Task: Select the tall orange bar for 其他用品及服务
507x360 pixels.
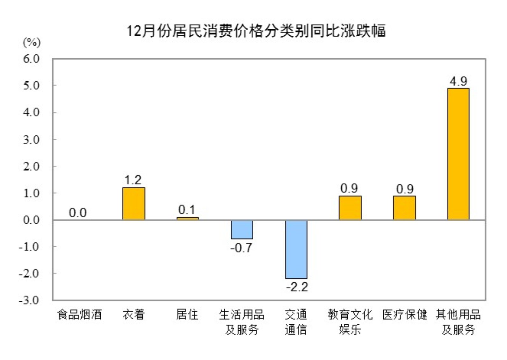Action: (x=458, y=154)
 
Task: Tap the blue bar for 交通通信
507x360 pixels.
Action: (x=296, y=249)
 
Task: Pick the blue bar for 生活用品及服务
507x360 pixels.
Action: (x=242, y=229)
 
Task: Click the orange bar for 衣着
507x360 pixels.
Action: (x=134, y=204)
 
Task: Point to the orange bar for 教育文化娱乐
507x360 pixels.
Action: (x=350, y=208)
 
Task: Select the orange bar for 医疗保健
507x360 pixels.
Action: (x=404, y=208)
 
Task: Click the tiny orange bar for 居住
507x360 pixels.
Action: (x=188, y=219)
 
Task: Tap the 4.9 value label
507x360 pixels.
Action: (x=458, y=82)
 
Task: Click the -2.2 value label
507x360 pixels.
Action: (x=297, y=287)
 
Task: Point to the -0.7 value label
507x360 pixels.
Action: (x=241, y=248)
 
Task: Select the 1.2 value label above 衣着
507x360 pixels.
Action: (x=133, y=180)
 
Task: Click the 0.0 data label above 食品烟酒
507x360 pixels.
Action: (x=78, y=213)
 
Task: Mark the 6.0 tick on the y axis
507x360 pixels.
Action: (x=31, y=59)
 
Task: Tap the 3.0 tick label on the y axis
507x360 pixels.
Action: (x=31, y=140)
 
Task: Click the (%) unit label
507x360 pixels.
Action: (x=32, y=42)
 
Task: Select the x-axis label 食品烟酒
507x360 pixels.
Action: (x=79, y=315)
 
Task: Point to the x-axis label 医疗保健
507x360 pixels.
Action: (x=404, y=315)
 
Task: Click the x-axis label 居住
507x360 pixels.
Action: (x=187, y=315)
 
